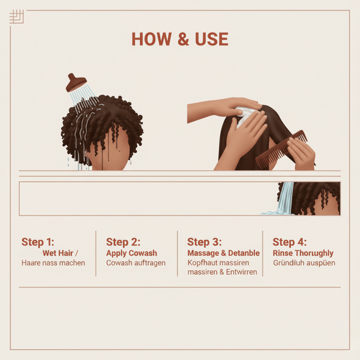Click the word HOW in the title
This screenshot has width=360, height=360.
point(151,39)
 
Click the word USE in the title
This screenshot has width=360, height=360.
point(211,39)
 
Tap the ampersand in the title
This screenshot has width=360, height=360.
point(183,39)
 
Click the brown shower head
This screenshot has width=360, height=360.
point(76,83)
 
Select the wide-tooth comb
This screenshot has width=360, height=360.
point(281,149)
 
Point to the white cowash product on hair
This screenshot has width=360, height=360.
point(245,116)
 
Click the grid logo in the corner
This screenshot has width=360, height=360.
point(17,17)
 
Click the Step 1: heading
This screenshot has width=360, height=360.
point(38,242)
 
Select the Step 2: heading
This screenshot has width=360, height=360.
point(123,242)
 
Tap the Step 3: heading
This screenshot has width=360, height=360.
point(205,242)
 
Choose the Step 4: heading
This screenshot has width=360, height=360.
point(290,242)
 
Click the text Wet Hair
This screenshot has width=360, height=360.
point(58,253)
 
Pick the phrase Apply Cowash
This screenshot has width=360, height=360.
point(131,253)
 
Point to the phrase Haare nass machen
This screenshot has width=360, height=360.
point(53,263)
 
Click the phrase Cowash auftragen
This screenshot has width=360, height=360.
point(136,263)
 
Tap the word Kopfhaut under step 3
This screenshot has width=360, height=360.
point(203,263)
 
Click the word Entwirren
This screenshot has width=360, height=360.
point(242,272)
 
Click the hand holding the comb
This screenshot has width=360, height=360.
point(301,152)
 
